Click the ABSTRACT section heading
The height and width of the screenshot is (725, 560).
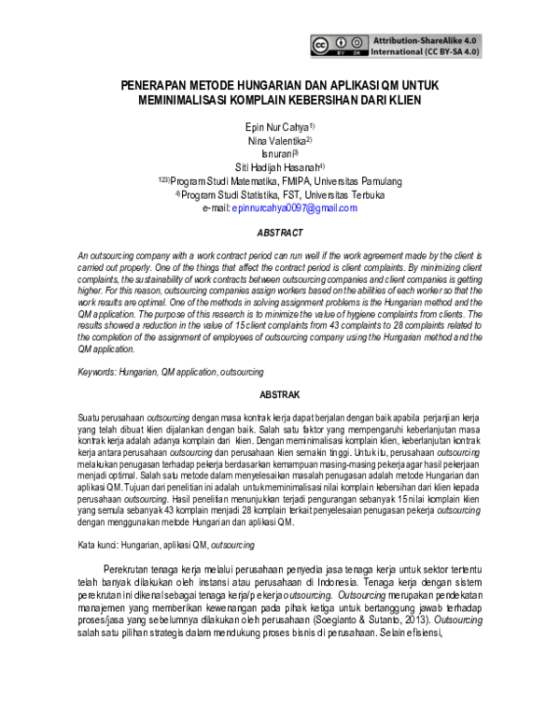point(281,232)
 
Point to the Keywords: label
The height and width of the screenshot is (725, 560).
point(97,373)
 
